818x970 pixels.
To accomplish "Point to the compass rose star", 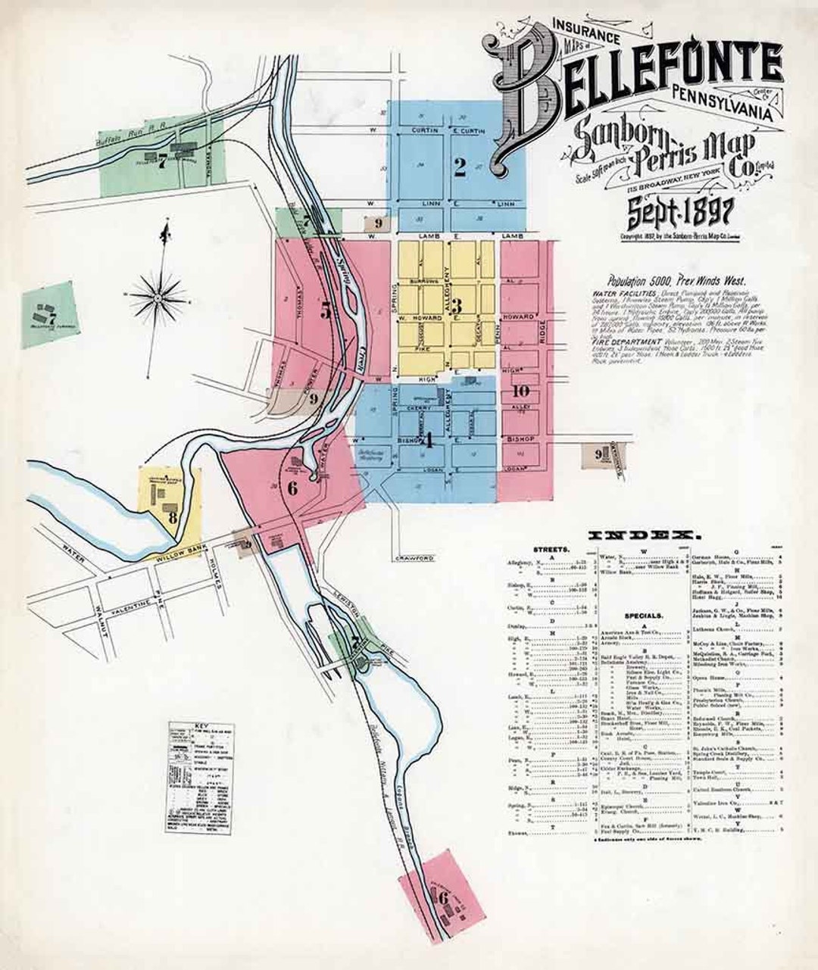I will tap(158, 298).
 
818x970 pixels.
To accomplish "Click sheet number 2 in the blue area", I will tap(460, 167).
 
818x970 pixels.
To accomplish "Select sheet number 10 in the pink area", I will tap(520, 391).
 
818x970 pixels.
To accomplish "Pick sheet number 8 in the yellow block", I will tap(173, 518).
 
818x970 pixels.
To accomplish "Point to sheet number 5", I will tap(326, 310).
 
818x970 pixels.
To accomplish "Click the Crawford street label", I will tap(414, 558).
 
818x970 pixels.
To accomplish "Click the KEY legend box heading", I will tap(201, 728).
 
